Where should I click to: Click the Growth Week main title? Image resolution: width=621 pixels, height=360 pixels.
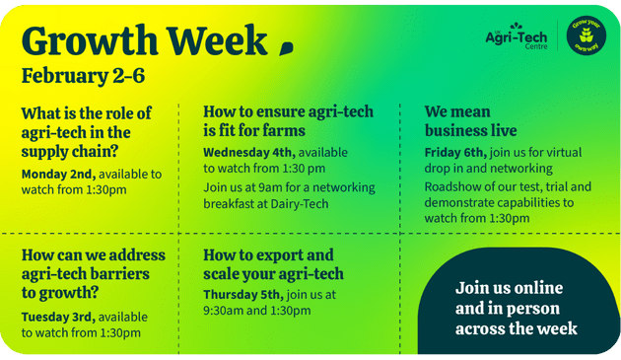click(145, 41)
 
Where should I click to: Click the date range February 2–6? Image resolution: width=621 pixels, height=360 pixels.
click(83, 76)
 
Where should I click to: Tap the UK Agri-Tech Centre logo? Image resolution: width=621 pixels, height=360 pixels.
click(517, 36)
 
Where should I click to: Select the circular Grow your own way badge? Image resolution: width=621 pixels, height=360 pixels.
click(586, 36)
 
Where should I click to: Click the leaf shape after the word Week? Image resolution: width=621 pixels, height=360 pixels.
click(286, 48)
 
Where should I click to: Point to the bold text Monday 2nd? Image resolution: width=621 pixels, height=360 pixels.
click(58, 174)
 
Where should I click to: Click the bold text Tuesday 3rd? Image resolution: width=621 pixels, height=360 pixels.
click(58, 318)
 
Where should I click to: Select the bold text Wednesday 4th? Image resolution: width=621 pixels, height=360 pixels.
click(249, 152)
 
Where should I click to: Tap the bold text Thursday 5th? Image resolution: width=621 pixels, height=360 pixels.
click(243, 295)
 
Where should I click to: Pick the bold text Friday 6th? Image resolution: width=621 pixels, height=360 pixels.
click(455, 152)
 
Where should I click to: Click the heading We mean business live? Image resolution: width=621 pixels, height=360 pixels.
click(470, 121)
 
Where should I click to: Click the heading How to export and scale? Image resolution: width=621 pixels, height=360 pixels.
click(273, 264)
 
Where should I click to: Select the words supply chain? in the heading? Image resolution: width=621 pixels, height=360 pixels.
click(70, 152)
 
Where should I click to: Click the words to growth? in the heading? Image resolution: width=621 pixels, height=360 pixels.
click(60, 293)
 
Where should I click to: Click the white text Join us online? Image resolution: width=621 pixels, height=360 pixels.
click(509, 288)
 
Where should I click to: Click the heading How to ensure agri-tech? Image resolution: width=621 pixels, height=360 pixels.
click(288, 111)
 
